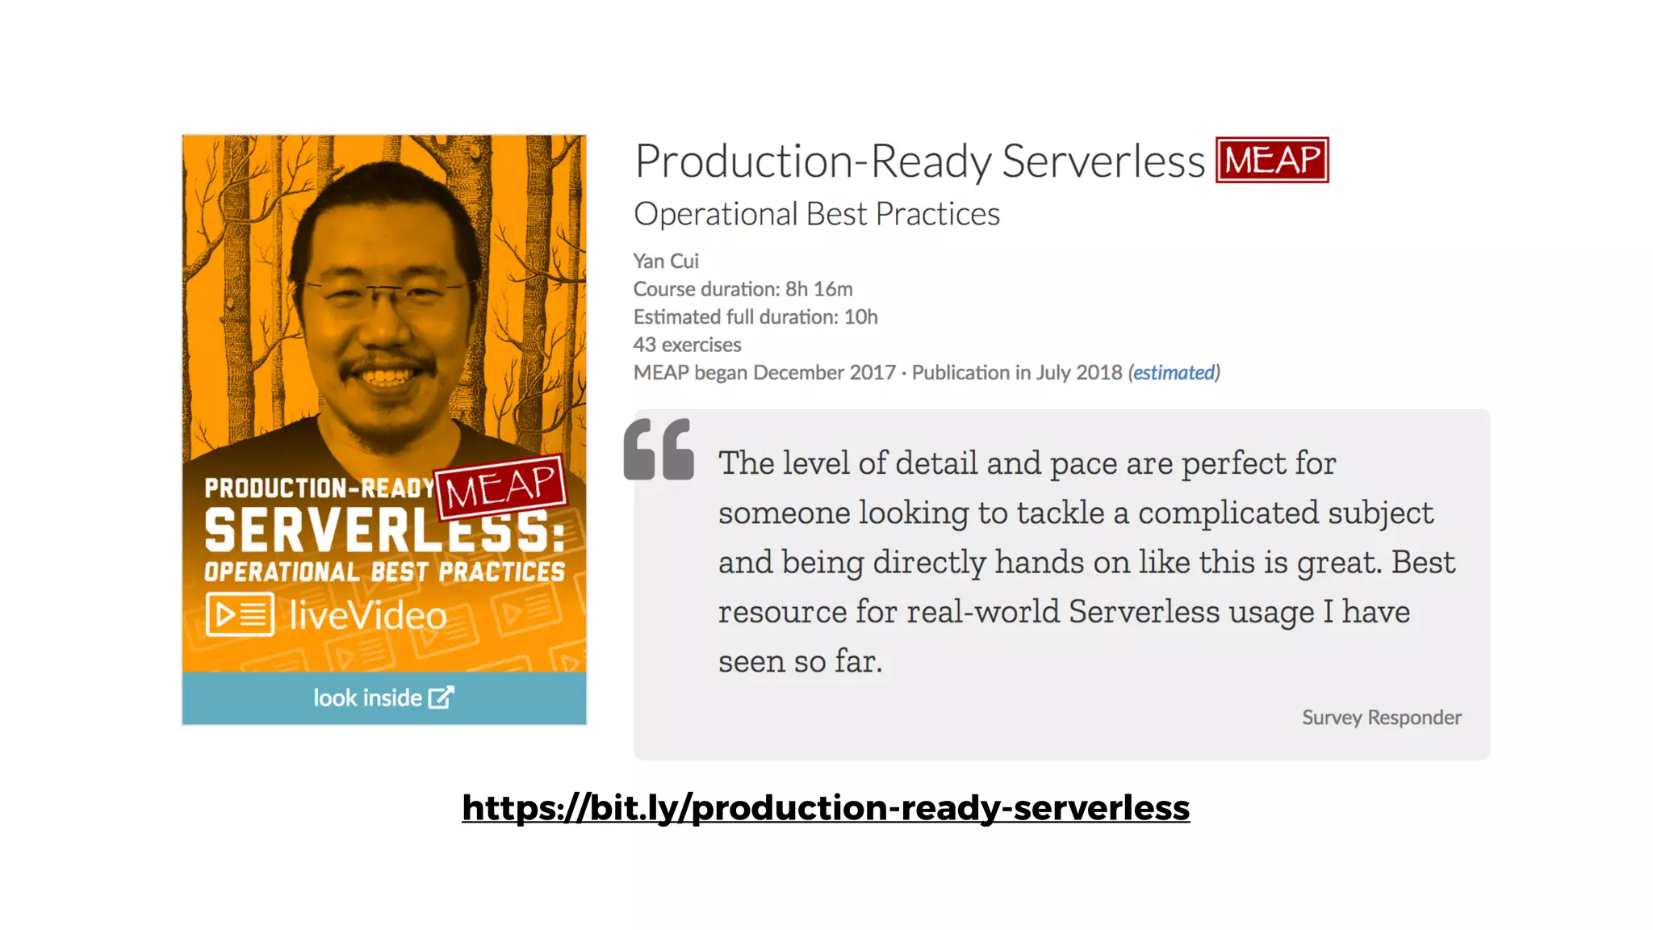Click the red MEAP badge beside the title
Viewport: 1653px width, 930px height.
(1272, 160)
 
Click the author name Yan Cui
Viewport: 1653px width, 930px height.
(666, 262)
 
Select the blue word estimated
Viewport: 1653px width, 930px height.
(1174, 373)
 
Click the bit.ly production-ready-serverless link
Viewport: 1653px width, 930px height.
(826, 808)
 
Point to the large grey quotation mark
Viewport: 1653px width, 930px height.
(659, 450)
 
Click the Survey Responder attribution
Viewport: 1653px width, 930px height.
(1381, 718)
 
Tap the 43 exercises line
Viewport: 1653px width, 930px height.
(687, 345)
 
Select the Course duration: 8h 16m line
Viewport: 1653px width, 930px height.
(743, 289)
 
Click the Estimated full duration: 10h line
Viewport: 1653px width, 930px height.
(755, 317)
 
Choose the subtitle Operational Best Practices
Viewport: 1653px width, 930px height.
(817, 215)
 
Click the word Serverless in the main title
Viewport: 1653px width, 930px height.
(1103, 161)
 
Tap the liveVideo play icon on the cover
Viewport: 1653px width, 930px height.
(240, 615)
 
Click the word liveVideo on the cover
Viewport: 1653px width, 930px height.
(368, 616)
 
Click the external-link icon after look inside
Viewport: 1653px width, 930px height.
(441, 697)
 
